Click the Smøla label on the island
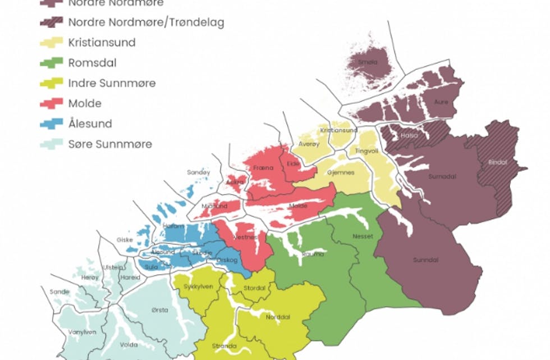point(368,62)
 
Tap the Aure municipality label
point(442,102)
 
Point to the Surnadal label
point(442,176)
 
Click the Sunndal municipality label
point(425,260)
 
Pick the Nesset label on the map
point(363,236)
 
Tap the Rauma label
point(313,254)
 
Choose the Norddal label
point(278,317)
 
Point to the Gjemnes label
point(341,172)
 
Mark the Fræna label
point(263,167)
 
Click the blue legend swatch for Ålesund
point(52,124)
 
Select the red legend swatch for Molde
point(52,103)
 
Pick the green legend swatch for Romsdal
point(52,63)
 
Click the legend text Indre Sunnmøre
point(112,83)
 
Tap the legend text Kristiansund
point(102,43)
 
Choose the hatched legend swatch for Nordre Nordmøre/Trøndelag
point(52,22)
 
